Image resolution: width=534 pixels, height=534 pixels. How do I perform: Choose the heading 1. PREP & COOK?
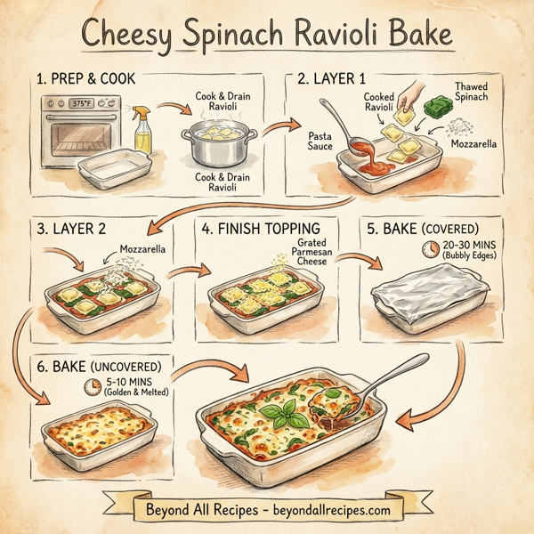pyautogui.click(x=87, y=79)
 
